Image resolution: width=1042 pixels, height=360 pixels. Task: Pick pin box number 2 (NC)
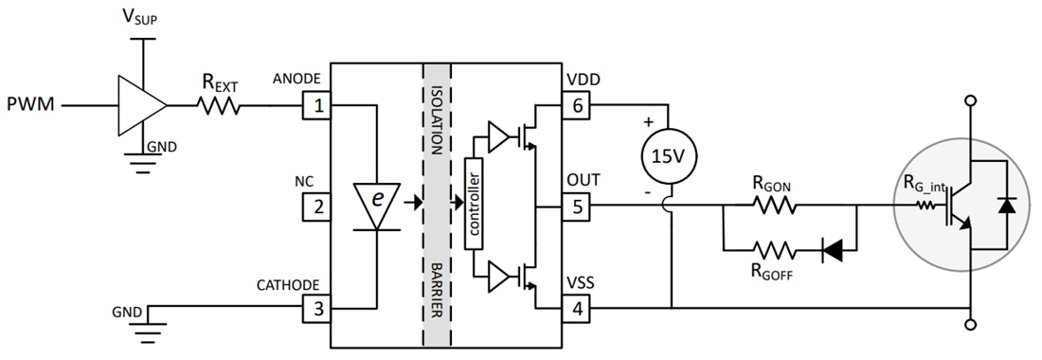[x=316, y=206]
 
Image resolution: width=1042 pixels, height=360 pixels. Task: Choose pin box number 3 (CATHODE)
[x=316, y=308]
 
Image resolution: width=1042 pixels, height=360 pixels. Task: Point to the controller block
[x=475, y=202]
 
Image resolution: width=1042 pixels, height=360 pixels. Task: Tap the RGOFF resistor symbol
[x=775, y=251]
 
